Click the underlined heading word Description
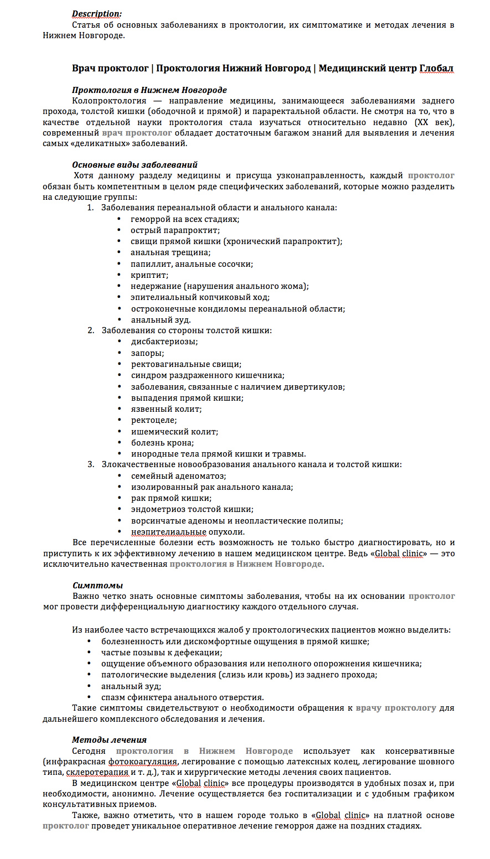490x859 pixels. coord(97,14)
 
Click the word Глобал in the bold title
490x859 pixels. coord(436,69)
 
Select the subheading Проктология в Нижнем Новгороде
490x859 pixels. coord(149,90)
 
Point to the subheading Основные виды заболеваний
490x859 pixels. coord(135,164)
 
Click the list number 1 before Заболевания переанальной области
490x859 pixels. coord(90,208)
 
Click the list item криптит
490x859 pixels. coord(149,275)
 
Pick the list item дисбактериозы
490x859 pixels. coord(164,341)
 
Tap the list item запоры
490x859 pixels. coord(147,353)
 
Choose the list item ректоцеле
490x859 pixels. coord(154,420)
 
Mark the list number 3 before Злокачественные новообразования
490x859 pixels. coord(91,464)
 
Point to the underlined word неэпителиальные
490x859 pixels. coord(168,532)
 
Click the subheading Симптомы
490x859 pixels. coord(97,585)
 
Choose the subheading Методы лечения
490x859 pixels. coord(109,739)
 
